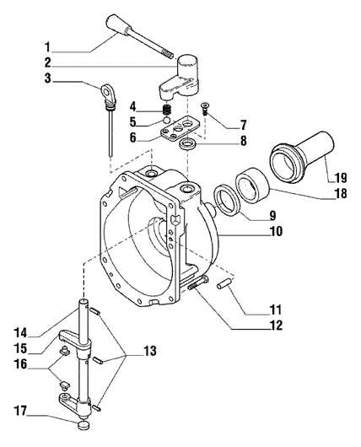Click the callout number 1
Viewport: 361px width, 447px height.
(x=49, y=46)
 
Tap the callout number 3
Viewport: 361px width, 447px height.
(x=49, y=79)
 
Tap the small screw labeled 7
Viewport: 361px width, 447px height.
(x=208, y=108)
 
